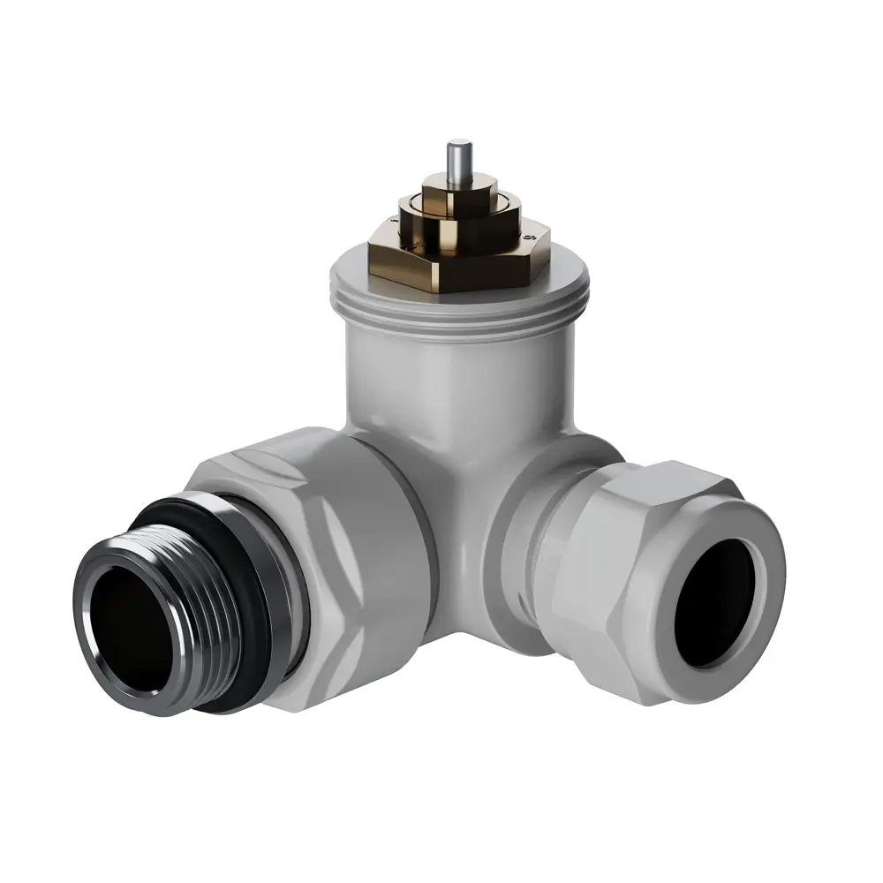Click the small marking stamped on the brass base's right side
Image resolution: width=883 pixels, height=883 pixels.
tap(531, 238)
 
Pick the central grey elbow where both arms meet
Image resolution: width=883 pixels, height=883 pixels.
tap(468, 521)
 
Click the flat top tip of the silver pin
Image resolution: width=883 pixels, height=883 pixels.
tap(458, 141)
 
